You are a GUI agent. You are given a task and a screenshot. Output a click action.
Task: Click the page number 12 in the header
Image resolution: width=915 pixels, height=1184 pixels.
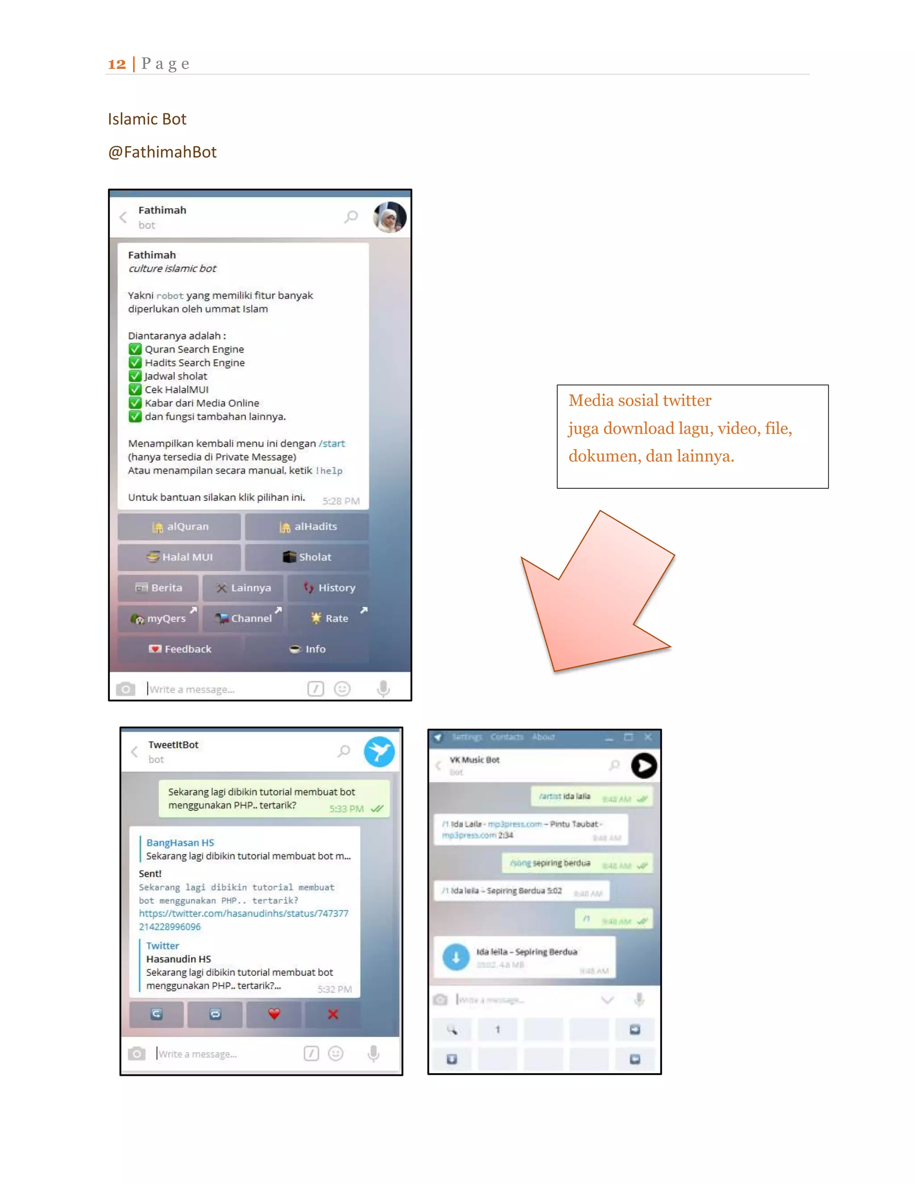pos(117,64)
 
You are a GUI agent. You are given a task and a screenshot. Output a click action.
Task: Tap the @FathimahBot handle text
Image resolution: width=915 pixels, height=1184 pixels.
pos(162,152)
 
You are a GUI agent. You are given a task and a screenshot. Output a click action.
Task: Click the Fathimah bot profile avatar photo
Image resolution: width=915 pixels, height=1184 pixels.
pos(389,217)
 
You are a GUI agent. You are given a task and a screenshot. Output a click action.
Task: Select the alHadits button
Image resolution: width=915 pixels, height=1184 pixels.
pos(307,526)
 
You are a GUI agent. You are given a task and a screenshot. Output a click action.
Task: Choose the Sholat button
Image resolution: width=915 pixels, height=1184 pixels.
pos(307,557)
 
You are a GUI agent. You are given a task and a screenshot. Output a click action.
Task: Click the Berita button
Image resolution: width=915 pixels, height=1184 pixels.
pos(158,588)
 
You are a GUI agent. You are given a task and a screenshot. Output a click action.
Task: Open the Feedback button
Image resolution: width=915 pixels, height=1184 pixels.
pos(180,649)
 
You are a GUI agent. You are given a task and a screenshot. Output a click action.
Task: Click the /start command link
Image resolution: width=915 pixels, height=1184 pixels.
pos(332,444)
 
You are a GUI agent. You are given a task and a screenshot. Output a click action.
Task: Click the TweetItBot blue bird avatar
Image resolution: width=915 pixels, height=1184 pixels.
pos(379,752)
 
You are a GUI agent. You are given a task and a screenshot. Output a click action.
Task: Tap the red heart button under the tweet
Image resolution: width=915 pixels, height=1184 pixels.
pos(274,1014)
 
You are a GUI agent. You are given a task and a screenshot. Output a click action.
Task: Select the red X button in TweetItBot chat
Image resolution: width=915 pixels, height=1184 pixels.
pos(333,1014)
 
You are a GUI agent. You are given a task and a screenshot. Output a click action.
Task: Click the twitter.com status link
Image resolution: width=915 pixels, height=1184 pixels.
pos(243,914)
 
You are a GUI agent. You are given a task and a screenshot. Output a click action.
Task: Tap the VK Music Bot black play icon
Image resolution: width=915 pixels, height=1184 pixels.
pos(644,765)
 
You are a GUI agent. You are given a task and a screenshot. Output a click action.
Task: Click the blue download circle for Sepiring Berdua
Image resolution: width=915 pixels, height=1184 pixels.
pos(456,957)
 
